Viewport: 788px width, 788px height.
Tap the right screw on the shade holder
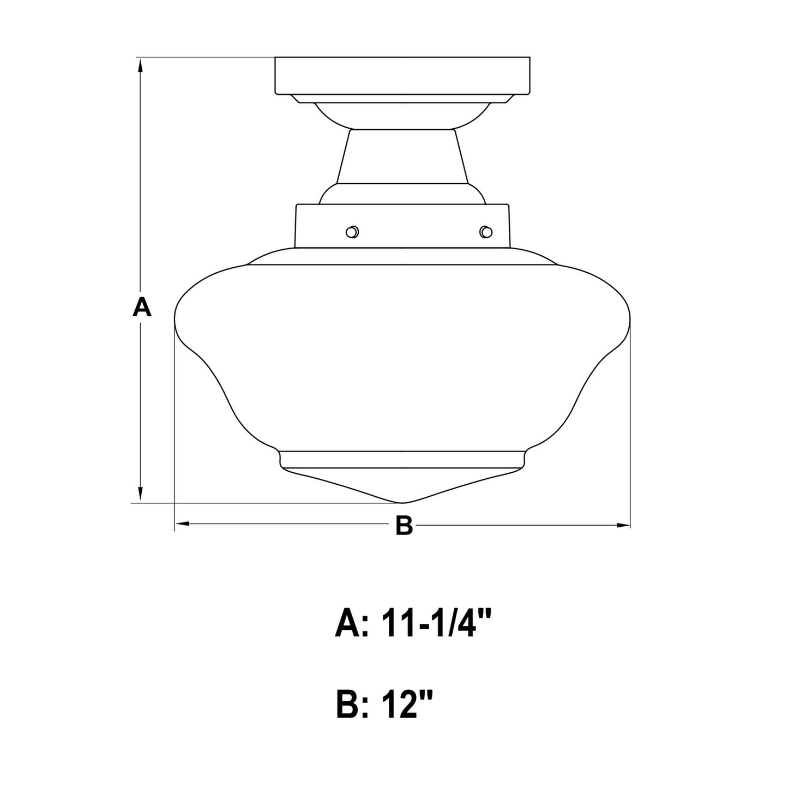click(x=486, y=232)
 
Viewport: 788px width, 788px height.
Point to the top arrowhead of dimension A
click(x=141, y=65)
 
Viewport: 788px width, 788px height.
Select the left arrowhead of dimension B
click(x=183, y=524)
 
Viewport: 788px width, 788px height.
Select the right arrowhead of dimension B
click(x=622, y=525)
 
